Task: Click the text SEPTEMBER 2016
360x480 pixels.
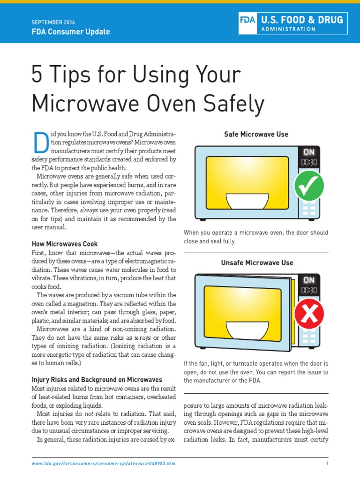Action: tap(53, 22)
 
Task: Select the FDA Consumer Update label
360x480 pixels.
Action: tap(70, 32)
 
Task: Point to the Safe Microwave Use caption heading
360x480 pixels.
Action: tap(256, 135)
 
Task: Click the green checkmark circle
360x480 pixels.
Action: tap(309, 186)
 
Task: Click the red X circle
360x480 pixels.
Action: tap(309, 314)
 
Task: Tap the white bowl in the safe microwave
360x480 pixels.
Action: tap(247, 200)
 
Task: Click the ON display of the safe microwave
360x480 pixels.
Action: tap(309, 152)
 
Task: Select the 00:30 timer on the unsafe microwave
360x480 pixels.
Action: tap(309, 291)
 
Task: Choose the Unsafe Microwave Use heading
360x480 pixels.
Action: tap(257, 262)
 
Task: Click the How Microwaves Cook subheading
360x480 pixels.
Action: tap(65, 244)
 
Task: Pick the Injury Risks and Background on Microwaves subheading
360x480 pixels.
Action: tap(97, 380)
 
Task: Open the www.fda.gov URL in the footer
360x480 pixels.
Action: tap(104, 463)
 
